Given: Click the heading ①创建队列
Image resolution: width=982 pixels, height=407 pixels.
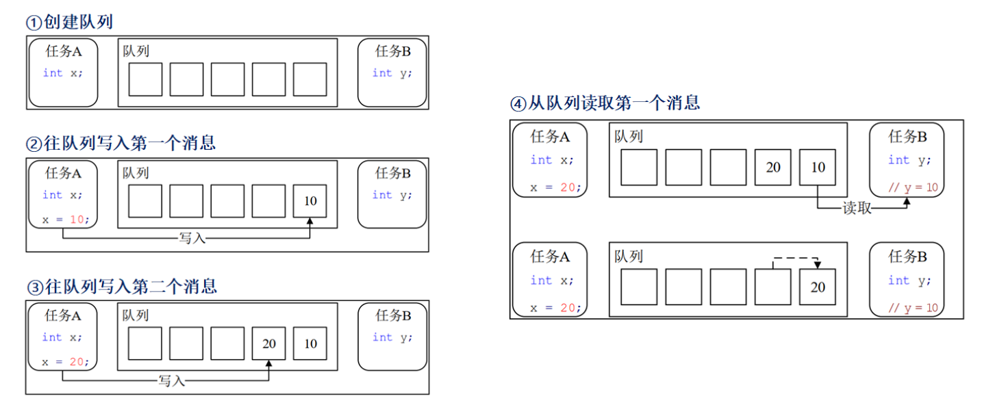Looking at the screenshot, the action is (69, 22).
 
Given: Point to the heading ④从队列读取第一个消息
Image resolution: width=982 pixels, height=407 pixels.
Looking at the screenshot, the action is (605, 103).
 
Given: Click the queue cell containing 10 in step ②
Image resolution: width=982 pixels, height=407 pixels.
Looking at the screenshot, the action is (310, 201).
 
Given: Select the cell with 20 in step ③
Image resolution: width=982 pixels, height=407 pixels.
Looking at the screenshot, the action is (268, 343).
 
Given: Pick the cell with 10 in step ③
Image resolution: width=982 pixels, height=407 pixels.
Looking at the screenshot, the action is (310, 343).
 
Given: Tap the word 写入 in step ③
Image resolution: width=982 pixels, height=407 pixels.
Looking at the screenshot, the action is (172, 380).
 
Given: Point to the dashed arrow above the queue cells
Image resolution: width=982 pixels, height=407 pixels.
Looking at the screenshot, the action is (794, 259).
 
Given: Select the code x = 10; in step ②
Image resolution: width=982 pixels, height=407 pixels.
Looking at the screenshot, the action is (66, 220).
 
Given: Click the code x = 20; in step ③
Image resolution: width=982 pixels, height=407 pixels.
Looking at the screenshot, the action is (65, 362).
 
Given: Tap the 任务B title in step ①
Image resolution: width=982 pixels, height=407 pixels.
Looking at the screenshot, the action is (392, 51).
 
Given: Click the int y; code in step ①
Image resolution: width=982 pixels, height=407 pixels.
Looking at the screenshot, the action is (392, 73).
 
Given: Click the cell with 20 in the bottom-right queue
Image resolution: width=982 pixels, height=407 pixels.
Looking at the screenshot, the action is (818, 287).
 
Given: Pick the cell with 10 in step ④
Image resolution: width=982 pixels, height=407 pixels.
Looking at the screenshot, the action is (818, 167).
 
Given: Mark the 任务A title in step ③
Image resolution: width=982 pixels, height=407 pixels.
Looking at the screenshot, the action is (63, 315).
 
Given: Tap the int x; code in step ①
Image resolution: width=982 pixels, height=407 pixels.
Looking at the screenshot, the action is (62, 73).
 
